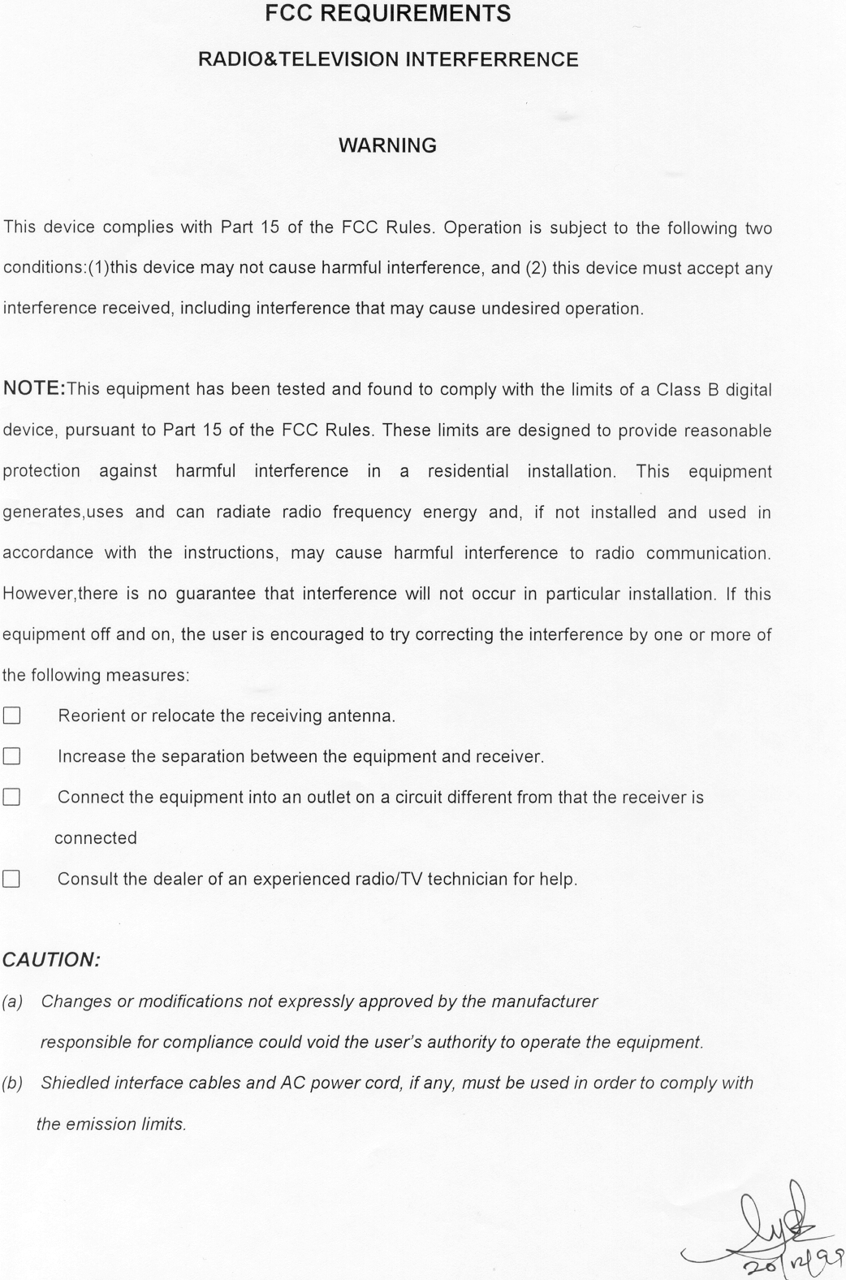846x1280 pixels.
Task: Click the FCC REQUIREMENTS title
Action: (x=388, y=14)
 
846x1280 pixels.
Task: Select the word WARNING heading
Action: (x=387, y=145)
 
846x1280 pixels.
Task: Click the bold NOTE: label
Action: (x=34, y=388)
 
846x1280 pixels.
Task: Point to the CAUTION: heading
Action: (x=51, y=960)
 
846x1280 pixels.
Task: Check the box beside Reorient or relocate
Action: (x=11, y=716)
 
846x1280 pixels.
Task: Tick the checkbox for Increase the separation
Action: (x=11, y=756)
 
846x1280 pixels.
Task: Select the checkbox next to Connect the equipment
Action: (x=11, y=797)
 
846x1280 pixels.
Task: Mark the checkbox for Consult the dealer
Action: (x=11, y=879)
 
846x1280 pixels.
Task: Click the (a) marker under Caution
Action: (x=12, y=1001)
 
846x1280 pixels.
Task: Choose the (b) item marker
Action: (x=12, y=1083)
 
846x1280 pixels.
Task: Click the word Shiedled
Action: (x=76, y=1083)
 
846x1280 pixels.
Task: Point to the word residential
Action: (x=468, y=471)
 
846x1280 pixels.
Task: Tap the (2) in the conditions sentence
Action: (x=535, y=268)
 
